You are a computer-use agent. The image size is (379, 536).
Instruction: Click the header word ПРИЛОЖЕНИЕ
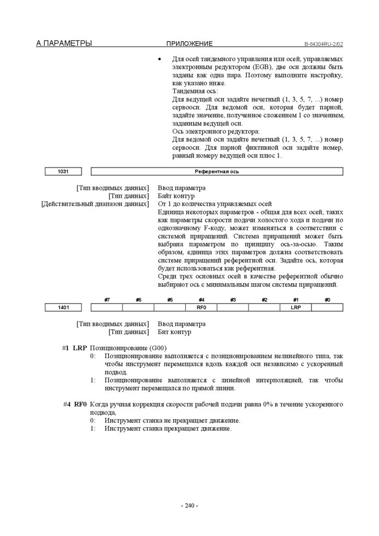(189, 44)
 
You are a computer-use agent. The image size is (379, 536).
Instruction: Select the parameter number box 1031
(63, 171)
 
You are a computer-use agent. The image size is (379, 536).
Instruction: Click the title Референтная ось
(217, 171)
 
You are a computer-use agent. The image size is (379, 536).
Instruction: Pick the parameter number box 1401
(63, 308)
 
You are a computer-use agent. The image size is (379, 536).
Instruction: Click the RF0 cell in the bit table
(202, 308)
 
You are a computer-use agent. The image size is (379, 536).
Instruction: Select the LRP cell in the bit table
(296, 308)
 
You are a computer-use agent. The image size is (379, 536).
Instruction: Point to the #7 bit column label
(107, 299)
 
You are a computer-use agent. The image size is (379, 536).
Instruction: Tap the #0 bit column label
(327, 299)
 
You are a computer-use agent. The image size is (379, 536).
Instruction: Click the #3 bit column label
(233, 299)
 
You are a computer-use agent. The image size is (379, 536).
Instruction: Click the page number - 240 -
(189, 506)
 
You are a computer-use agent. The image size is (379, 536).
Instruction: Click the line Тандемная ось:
(195, 91)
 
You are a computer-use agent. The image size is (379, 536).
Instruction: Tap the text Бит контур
(175, 332)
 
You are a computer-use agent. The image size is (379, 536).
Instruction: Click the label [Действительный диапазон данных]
(95, 204)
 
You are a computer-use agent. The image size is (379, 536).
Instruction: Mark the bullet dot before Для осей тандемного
(160, 60)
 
